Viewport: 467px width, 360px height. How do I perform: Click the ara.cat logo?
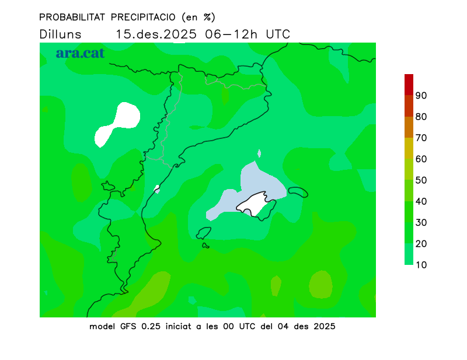tap(80, 53)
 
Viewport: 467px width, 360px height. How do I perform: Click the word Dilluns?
tap(61, 34)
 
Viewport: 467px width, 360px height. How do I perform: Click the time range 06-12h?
tap(232, 34)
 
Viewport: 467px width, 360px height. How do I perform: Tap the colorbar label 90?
tap(421, 96)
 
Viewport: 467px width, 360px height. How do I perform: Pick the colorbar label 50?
tap(421, 180)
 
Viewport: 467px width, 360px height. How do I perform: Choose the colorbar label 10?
tap(421, 265)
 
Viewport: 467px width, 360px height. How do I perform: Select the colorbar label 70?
tap(421, 138)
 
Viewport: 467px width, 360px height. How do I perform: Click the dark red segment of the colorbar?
tap(409, 84)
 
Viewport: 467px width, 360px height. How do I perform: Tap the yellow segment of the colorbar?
tap(409, 148)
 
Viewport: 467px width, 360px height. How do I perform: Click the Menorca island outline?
tap(298, 192)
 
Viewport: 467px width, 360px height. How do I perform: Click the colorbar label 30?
tap(421, 222)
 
